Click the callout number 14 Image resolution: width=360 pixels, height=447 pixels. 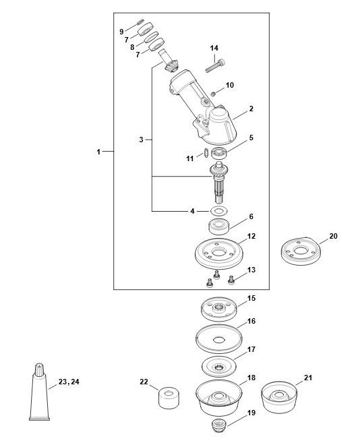214,48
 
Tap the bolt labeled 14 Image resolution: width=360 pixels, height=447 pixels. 215,66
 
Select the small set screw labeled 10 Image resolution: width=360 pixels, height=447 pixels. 213,94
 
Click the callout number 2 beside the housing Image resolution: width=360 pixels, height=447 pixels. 251,109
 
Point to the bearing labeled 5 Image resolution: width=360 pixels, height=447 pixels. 219,153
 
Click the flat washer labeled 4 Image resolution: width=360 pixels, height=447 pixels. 218,211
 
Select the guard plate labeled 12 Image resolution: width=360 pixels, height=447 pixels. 219,254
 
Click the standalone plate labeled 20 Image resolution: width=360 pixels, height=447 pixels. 301,251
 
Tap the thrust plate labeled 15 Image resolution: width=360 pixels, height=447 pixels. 218,309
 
